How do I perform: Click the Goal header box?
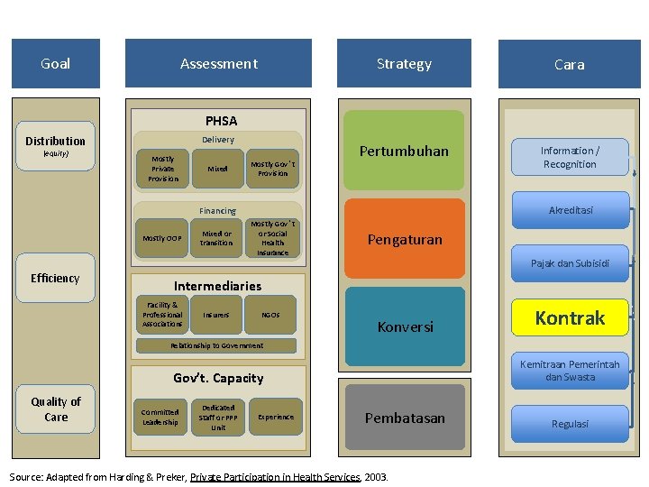[55, 64]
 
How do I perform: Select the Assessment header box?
[219, 64]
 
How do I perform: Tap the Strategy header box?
[404, 64]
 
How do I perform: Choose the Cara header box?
[569, 64]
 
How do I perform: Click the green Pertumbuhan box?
[404, 151]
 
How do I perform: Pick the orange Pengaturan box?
[404, 241]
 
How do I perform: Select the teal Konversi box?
[404, 327]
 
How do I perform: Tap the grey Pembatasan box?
[404, 418]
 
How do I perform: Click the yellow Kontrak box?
[570, 317]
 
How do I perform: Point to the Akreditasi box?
[570, 210]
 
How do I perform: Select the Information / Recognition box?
[570, 157]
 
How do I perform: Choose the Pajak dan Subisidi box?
[570, 263]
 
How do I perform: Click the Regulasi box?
[570, 423]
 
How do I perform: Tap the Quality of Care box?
[56, 409]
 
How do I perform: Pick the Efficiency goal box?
[55, 278]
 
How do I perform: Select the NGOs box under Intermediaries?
[270, 315]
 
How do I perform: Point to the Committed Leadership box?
[160, 417]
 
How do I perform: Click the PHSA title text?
[221, 120]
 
